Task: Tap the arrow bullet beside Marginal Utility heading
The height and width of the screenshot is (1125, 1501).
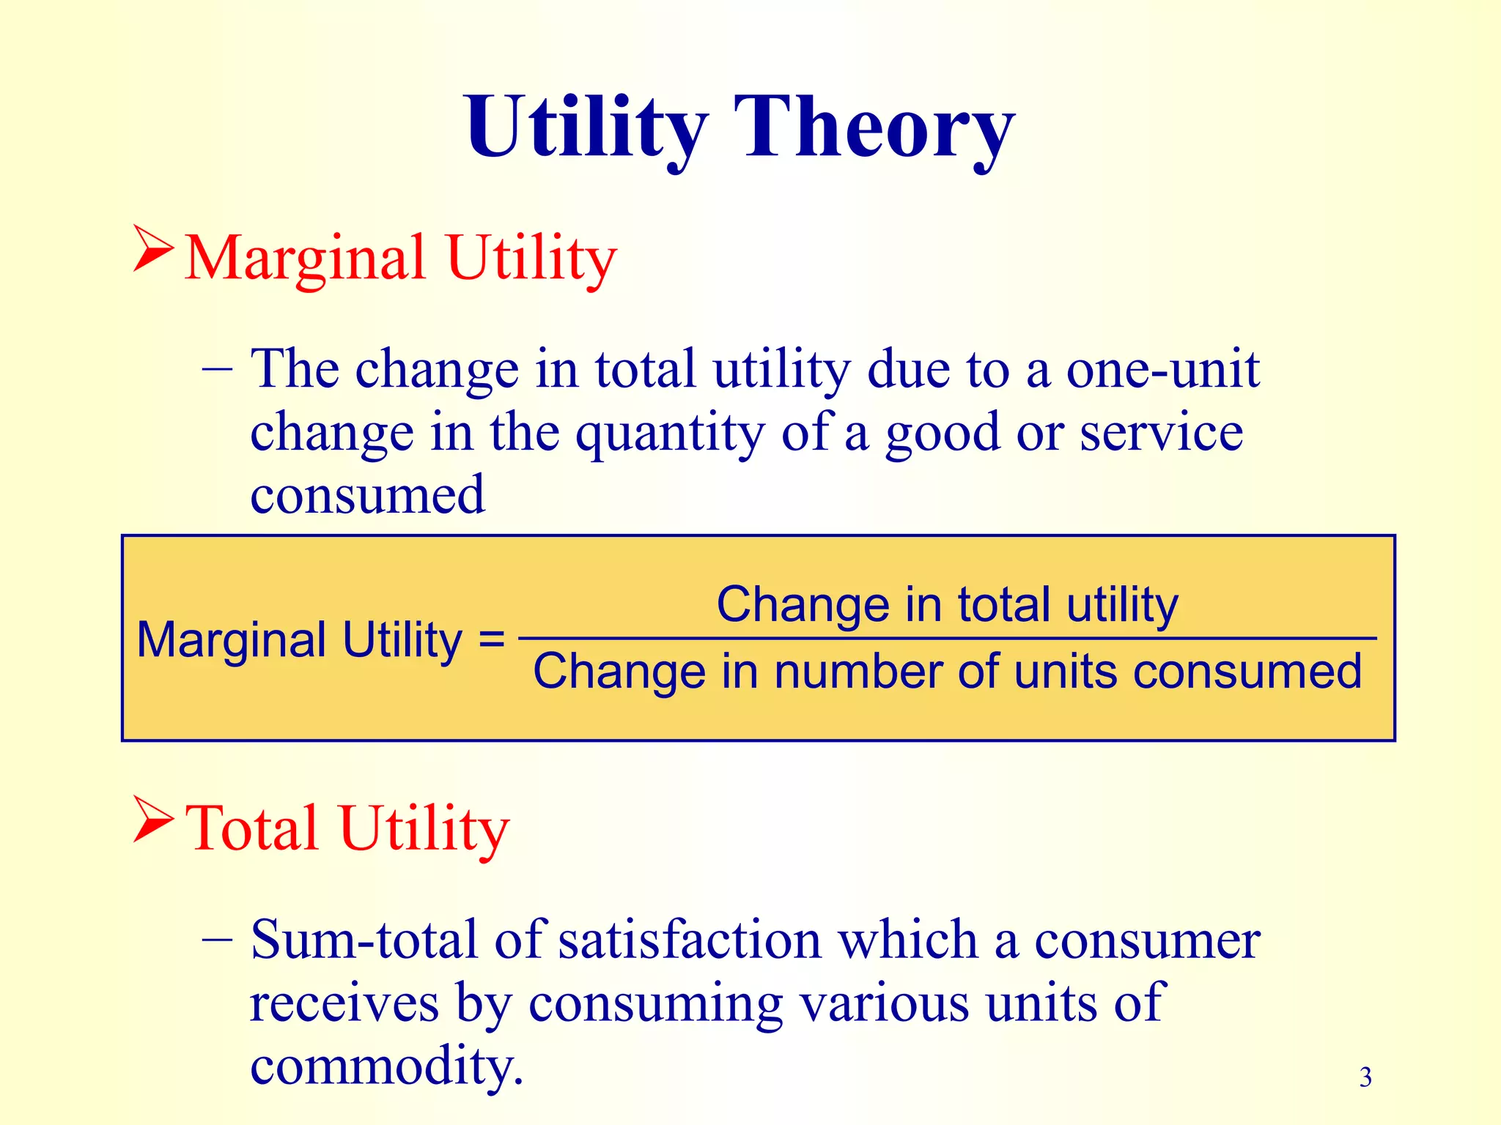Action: coord(153,249)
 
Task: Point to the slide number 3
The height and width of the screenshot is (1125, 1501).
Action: coord(1365,1077)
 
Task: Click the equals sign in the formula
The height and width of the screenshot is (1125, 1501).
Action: coord(491,639)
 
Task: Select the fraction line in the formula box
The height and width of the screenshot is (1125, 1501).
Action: coord(945,639)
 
